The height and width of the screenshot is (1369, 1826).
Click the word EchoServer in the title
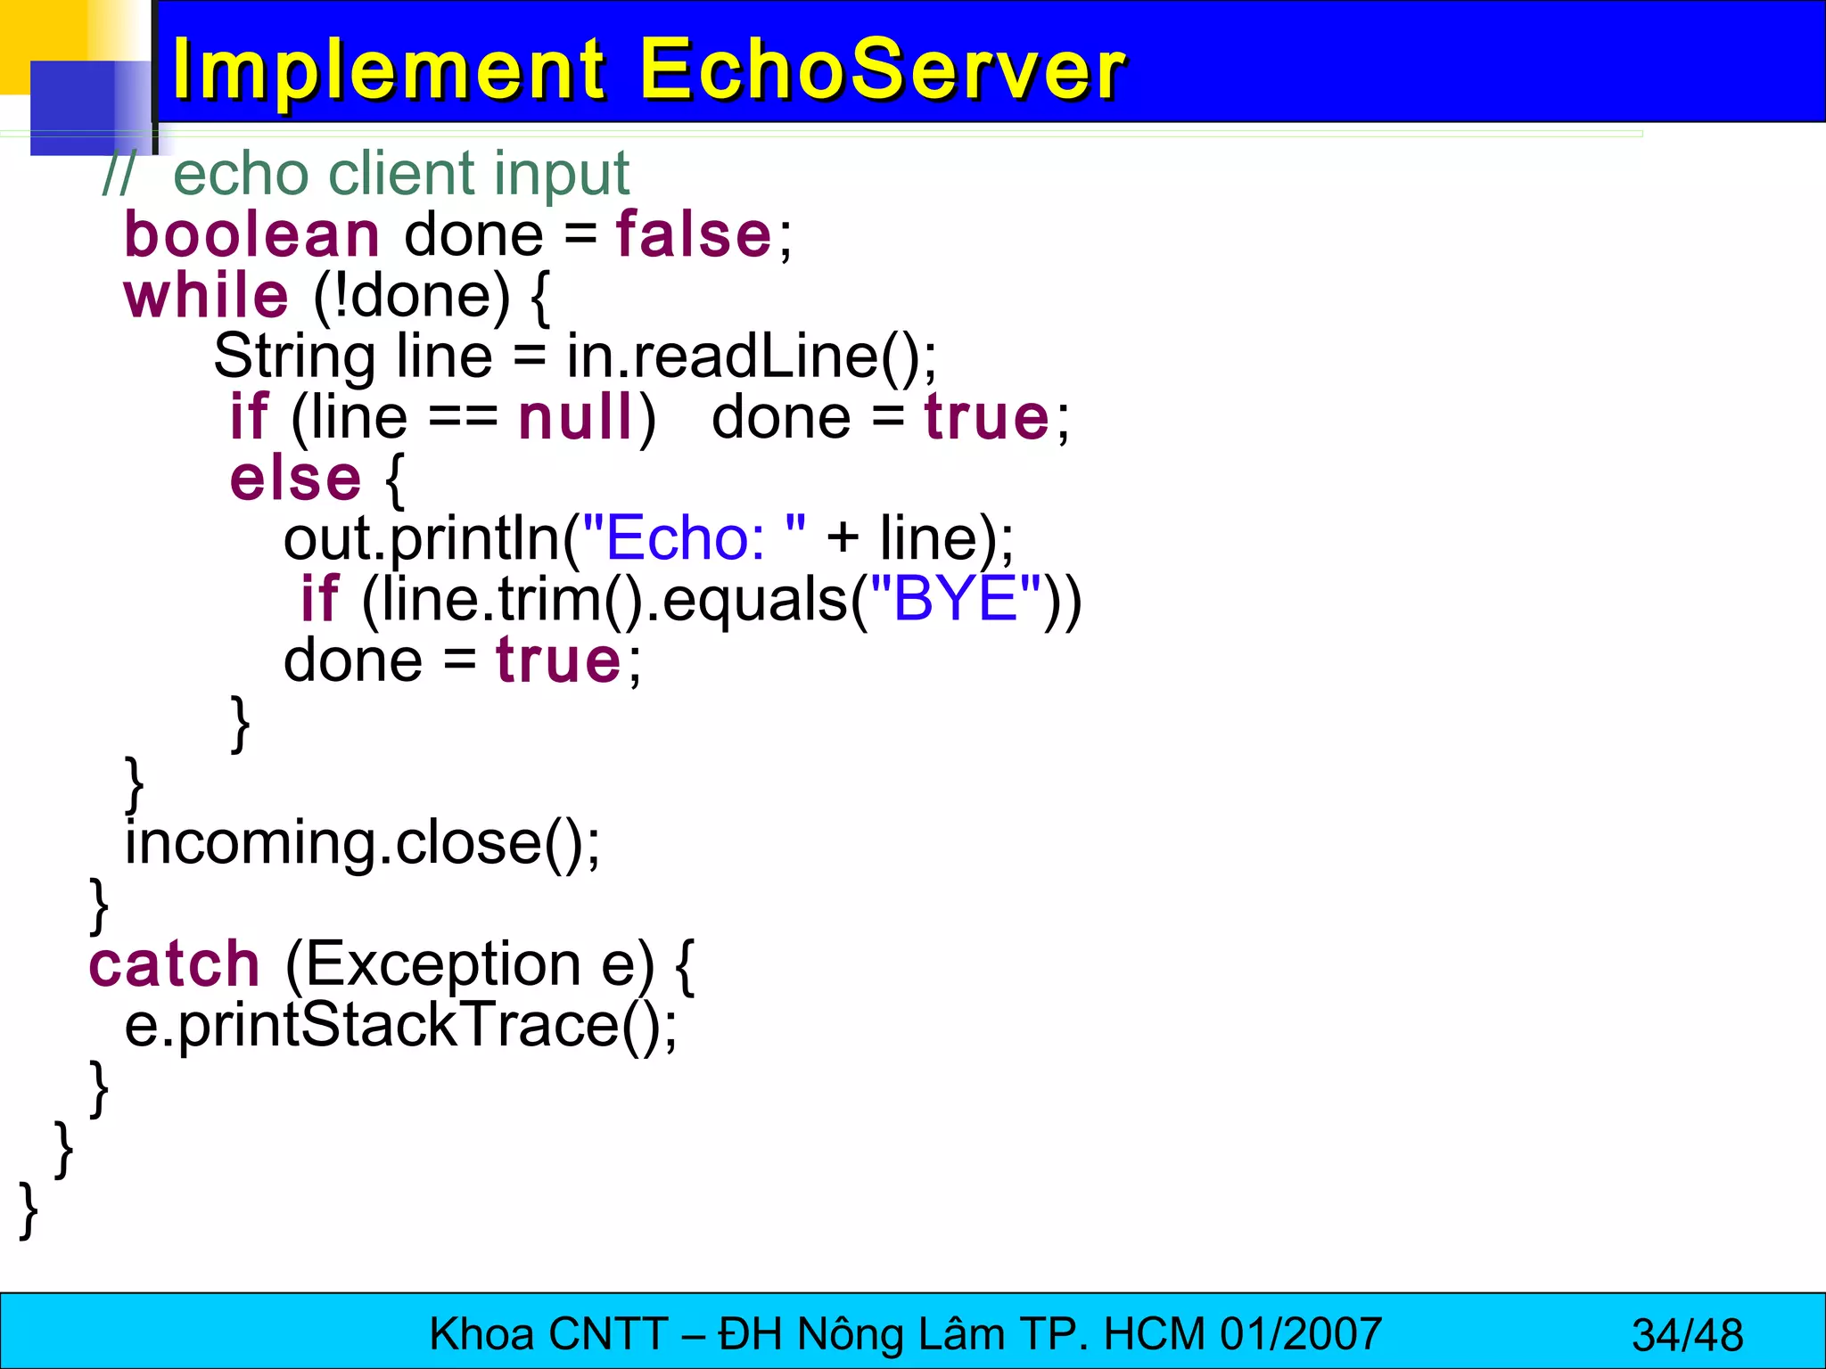883,71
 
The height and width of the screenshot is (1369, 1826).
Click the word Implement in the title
389,71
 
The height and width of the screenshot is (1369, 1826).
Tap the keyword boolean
252,235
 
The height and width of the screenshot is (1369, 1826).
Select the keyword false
695,235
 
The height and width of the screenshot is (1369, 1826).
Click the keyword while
207,296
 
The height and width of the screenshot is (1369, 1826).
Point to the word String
294,357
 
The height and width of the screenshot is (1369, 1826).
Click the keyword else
295,479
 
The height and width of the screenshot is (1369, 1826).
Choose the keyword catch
174,964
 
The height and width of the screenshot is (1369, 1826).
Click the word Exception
433,964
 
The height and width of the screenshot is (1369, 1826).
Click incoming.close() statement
362,843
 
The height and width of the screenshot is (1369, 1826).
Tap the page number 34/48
1687,1335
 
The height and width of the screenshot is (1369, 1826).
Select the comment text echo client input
401,174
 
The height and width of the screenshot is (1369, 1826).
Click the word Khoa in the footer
481,1334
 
